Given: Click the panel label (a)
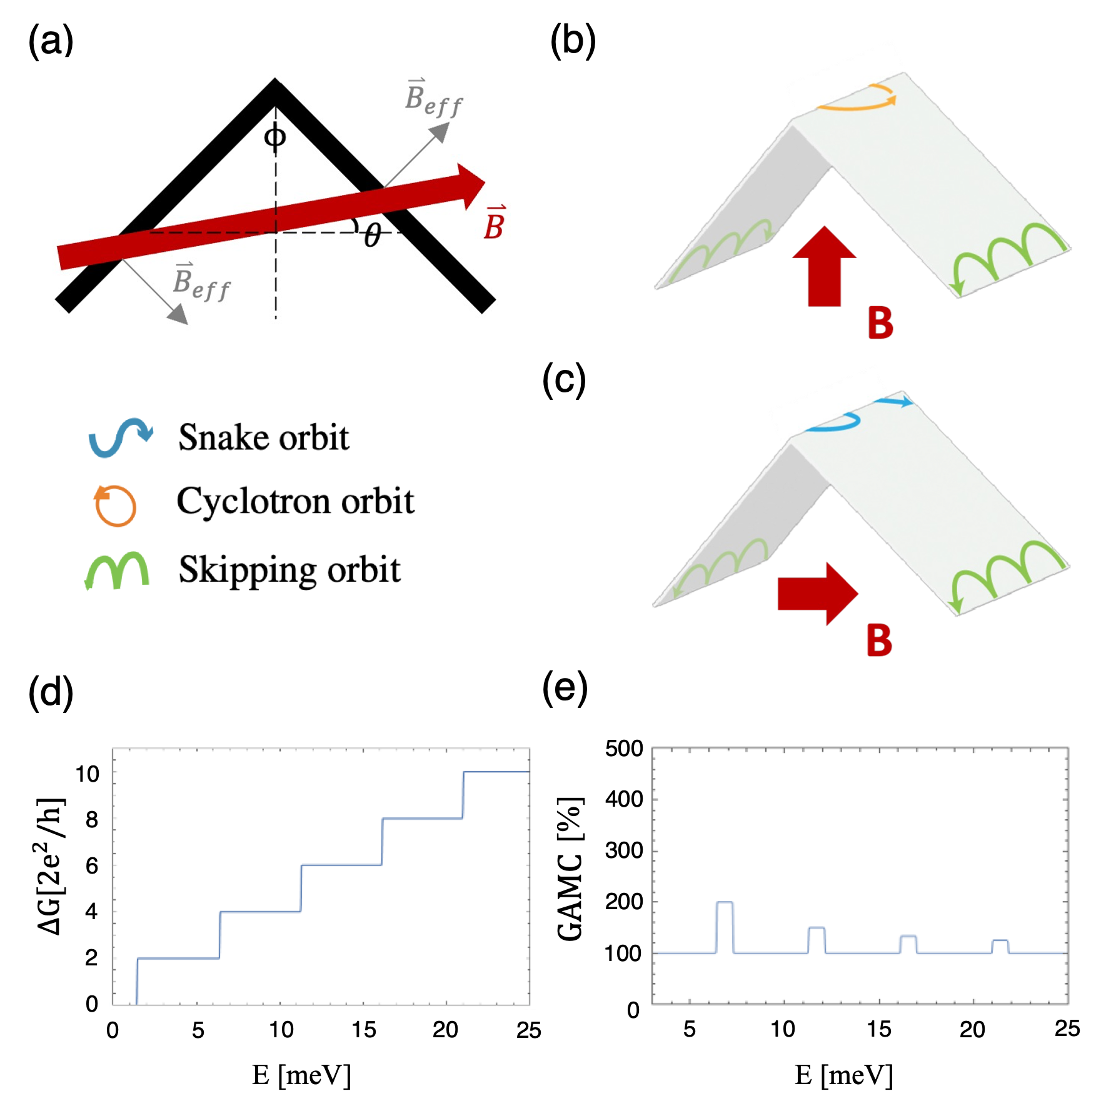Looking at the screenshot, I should [x=51, y=42].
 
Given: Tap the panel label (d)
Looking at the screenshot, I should [x=51, y=692].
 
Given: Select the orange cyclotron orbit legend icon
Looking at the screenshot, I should [x=115, y=505].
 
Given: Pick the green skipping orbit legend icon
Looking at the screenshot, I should [x=118, y=570].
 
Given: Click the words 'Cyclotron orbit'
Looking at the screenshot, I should [x=295, y=501].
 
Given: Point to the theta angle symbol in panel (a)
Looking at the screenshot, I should [x=373, y=236].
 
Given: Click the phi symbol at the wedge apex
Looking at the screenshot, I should [x=275, y=136].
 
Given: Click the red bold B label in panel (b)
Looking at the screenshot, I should [x=880, y=323].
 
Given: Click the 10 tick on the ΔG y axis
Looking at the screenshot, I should [x=88, y=774].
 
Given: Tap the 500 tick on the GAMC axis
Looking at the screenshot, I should [x=624, y=749].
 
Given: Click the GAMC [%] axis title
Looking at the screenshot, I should [x=570, y=869].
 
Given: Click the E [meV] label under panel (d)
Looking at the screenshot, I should [x=301, y=1075].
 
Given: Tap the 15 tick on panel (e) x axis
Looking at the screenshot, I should [x=879, y=1029].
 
